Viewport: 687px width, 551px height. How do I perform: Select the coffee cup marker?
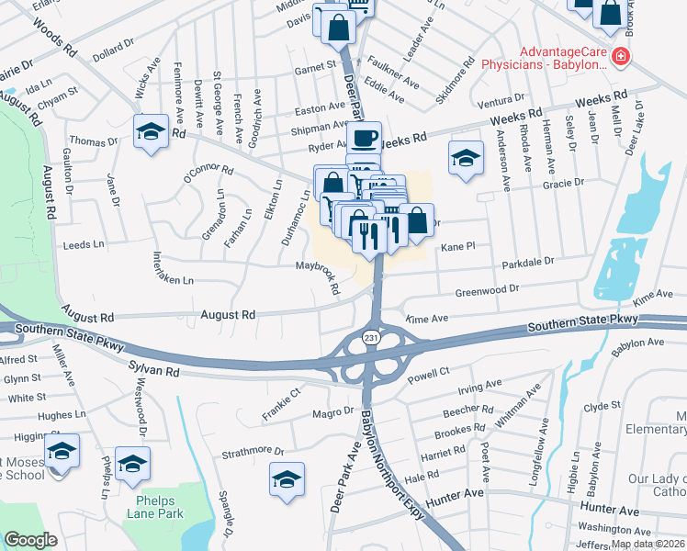pyautogui.click(x=364, y=139)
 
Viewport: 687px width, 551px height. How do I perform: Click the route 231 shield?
pyautogui.click(x=370, y=338)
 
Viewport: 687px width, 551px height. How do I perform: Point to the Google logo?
pyautogui.click(x=30, y=540)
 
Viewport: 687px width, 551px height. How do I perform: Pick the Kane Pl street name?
pyautogui.click(x=457, y=247)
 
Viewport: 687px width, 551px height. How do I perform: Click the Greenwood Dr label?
pyautogui.click(x=488, y=290)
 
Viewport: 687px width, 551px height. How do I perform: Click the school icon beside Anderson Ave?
pyautogui.click(x=467, y=156)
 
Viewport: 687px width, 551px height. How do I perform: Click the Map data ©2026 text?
pyautogui.click(x=648, y=544)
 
